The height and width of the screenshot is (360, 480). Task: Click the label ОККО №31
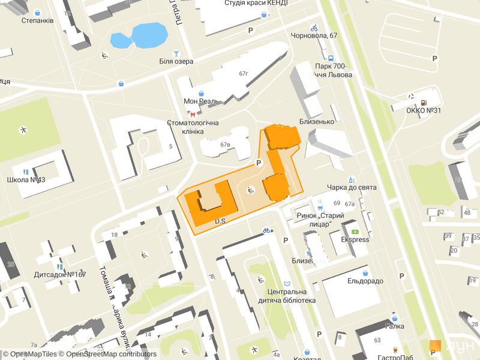pos(424,111)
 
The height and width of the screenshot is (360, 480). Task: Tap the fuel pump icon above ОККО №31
pos(424,102)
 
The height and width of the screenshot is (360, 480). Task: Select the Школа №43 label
pos(26,180)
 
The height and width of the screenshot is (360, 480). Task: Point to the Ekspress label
pos(355,239)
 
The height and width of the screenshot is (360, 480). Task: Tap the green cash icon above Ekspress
pos(355,231)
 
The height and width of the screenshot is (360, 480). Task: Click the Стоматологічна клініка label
pos(194,127)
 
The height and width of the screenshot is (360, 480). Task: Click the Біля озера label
pos(176,61)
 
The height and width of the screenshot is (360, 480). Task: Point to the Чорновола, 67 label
pos(314,36)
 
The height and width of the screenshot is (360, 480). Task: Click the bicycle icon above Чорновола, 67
pos(314,28)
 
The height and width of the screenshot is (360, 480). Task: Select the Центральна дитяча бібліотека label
pos(287,296)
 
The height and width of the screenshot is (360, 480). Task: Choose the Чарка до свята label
pos(352,188)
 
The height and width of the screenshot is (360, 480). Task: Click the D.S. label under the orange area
pos(220,222)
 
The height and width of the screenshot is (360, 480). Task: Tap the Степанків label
pos(38,20)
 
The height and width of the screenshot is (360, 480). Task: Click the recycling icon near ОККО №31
pos(412,95)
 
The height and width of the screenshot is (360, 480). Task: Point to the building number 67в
pos(226,145)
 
